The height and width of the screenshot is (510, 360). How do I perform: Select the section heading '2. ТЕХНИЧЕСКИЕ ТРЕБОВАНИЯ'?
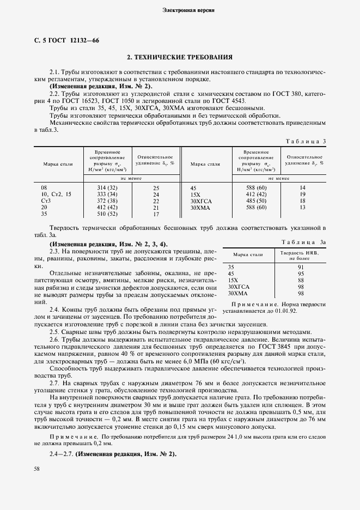(x=180, y=57)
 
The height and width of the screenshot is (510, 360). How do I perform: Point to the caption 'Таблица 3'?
(x=306, y=141)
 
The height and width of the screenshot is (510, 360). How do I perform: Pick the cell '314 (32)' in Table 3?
(x=107, y=187)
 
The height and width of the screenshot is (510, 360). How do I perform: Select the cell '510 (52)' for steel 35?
(x=107, y=214)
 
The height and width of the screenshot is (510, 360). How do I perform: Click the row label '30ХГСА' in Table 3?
(x=202, y=201)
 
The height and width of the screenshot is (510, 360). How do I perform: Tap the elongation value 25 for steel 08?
(x=156, y=187)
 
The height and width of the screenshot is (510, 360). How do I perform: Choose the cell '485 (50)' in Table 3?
(x=255, y=201)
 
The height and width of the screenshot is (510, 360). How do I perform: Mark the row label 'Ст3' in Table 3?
(x=46, y=201)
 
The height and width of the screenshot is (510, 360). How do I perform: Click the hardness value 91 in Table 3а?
(x=300, y=267)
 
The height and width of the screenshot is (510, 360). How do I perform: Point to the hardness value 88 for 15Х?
(x=300, y=280)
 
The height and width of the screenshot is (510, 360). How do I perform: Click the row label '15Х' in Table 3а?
(x=233, y=280)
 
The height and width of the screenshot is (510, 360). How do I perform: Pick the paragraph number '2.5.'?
(x=54, y=331)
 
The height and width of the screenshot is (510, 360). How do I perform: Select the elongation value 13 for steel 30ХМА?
(x=303, y=208)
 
